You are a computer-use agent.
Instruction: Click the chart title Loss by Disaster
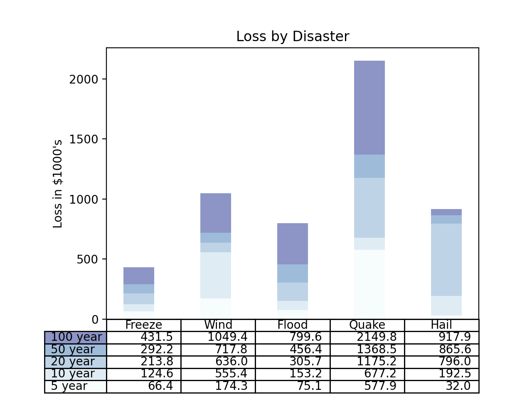tap(293, 37)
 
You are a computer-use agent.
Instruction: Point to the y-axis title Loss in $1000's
tap(58, 184)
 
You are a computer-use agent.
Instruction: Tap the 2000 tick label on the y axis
tap(84, 79)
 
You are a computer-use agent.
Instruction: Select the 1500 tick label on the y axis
tap(84, 139)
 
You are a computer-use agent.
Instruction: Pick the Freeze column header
tap(144, 325)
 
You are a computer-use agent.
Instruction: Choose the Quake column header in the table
tap(367, 325)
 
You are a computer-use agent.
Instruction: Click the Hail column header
tap(441, 325)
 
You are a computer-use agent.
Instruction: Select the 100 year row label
tap(76, 337)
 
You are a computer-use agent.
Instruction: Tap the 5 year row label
tap(69, 386)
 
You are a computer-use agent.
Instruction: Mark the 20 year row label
tap(73, 362)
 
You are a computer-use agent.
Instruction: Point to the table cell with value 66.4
tap(160, 386)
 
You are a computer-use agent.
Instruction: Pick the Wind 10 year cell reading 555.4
tap(231, 374)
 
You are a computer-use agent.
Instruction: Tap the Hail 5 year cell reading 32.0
tap(458, 386)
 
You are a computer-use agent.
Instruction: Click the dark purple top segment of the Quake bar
tap(369, 108)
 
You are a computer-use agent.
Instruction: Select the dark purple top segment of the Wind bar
tap(216, 213)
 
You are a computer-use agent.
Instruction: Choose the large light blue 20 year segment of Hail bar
tap(446, 260)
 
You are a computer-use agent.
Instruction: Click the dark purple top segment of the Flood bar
tap(293, 244)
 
